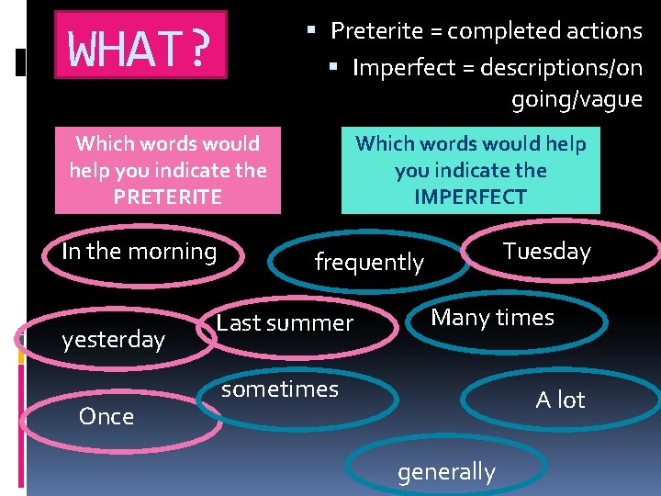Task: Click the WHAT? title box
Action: [140, 45]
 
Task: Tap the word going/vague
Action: [577, 99]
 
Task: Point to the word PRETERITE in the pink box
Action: [167, 197]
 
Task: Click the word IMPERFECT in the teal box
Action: [470, 197]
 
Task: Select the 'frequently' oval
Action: [369, 263]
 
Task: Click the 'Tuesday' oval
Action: [547, 252]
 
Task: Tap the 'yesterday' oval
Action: [113, 340]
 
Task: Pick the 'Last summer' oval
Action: [285, 323]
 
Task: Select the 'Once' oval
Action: [106, 417]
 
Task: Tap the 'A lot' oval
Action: [560, 400]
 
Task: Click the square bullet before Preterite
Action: [311, 30]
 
